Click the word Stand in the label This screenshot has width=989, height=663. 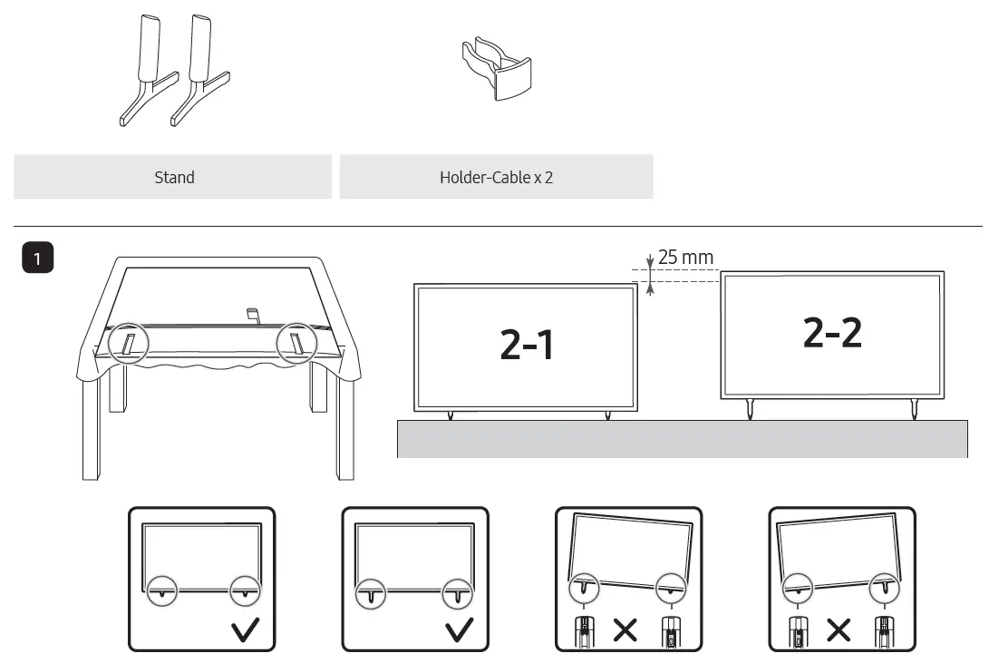174,178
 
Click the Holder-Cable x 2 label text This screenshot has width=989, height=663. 496,178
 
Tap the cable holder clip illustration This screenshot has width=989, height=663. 495,67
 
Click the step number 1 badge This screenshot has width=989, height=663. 37,258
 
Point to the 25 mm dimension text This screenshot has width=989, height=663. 685,258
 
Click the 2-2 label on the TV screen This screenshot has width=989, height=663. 832,333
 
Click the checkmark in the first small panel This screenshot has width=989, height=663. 245,630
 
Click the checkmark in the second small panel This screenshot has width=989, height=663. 459,630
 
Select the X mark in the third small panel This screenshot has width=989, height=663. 625,630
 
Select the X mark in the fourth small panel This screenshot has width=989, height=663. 839,630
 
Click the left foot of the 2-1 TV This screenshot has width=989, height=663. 451,416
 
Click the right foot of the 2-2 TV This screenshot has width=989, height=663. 913,409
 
